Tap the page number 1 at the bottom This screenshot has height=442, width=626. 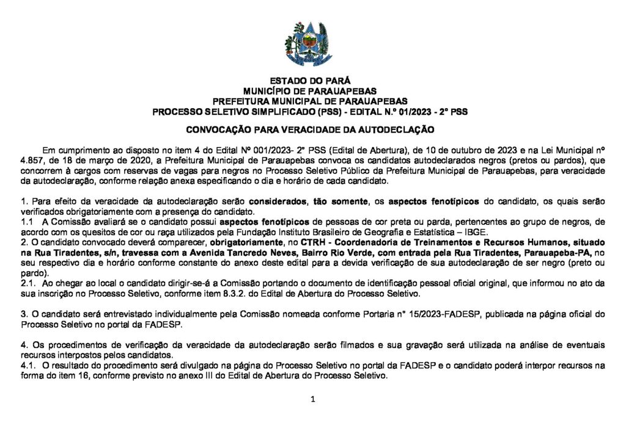[x=312, y=400]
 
